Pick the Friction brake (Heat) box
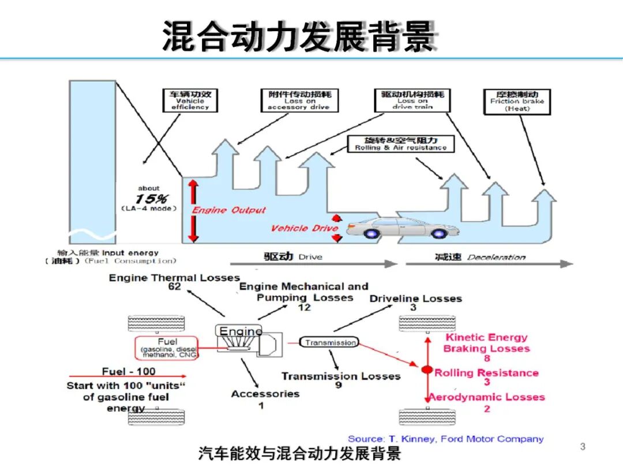click(x=509, y=101)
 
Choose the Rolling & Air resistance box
click(x=401, y=144)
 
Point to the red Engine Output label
click(x=229, y=210)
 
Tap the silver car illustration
click(x=398, y=228)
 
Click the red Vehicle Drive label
click(x=304, y=228)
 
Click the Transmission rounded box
click(x=330, y=342)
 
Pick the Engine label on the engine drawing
click(x=241, y=331)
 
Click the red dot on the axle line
click(x=427, y=370)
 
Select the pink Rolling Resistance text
click(x=486, y=373)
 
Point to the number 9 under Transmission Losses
click(x=339, y=385)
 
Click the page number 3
click(x=583, y=446)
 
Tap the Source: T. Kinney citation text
click(x=445, y=439)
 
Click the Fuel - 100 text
click(x=129, y=371)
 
